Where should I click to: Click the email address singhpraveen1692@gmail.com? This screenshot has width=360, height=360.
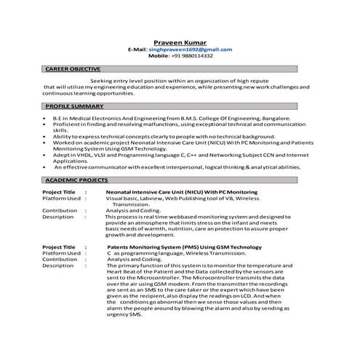(x=191, y=49)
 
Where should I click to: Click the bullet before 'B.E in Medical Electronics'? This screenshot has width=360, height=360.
(x=46, y=117)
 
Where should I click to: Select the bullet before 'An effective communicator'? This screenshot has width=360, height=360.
(x=46, y=167)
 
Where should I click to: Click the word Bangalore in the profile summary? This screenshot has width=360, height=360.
(x=274, y=117)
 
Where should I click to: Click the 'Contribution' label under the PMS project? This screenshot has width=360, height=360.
(x=60, y=260)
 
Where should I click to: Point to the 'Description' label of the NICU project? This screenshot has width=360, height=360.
(x=58, y=217)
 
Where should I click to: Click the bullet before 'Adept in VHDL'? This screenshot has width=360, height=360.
(x=46, y=155)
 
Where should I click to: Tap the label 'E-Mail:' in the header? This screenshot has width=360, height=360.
(x=137, y=49)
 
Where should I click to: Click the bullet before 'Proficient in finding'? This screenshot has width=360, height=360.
(x=46, y=124)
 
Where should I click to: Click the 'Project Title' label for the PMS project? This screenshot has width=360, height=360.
(x=59, y=247)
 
